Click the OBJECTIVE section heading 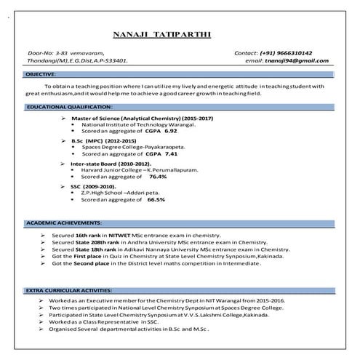tap(41, 75)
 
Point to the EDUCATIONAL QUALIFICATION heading tap(70, 107)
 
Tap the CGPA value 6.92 tap(170, 131)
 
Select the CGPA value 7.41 tap(170, 154)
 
